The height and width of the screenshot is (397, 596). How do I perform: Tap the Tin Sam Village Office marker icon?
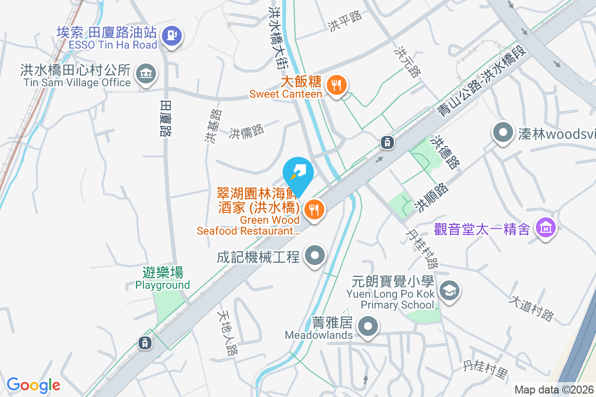[x=147, y=73]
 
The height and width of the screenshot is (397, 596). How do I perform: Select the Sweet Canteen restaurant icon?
[x=337, y=85]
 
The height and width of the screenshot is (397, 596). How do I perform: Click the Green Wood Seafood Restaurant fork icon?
[x=313, y=209]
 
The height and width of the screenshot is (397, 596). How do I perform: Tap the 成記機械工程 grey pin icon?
[x=314, y=256]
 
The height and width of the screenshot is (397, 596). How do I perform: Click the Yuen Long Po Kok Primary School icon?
[x=450, y=290]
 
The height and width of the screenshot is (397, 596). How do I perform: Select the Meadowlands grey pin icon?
[x=368, y=327]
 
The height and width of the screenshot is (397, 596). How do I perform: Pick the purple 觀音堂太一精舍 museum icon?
[x=546, y=228]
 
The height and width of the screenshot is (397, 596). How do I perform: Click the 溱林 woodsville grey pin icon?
[x=503, y=132]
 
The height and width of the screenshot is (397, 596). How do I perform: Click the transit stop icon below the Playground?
[x=145, y=342]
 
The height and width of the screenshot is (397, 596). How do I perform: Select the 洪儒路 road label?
[x=247, y=132]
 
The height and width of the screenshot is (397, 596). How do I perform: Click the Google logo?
[x=33, y=385]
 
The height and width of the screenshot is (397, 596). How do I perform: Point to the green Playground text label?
[x=162, y=285]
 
